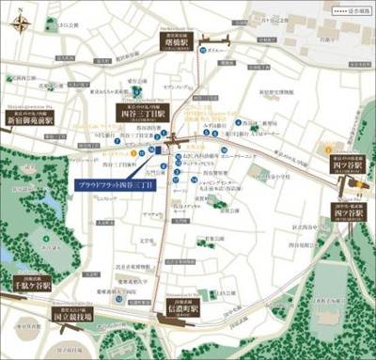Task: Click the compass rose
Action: [x=23, y=17]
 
